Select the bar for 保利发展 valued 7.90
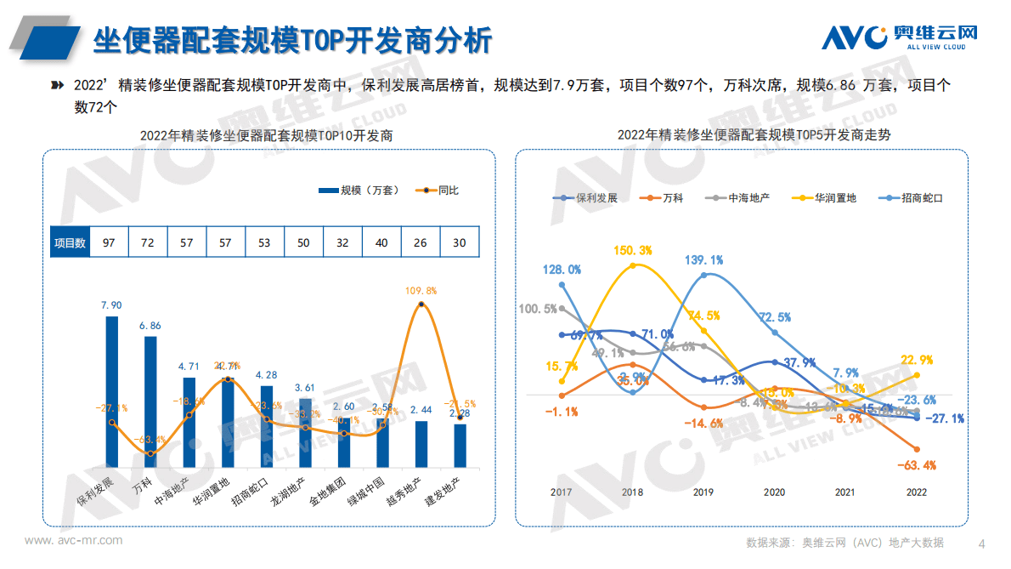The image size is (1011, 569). tap(111, 392)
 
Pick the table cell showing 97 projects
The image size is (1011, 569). tap(109, 242)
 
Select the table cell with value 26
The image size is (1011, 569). tap(421, 242)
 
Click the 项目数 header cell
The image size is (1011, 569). tap(70, 242)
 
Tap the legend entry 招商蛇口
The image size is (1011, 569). tap(914, 197)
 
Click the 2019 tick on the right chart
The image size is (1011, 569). tap(703, 492)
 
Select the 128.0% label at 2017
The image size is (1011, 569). tap(562, 270)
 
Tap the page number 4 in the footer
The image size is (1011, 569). tap(982, 543)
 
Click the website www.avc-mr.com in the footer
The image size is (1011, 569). tap(73, 540)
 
